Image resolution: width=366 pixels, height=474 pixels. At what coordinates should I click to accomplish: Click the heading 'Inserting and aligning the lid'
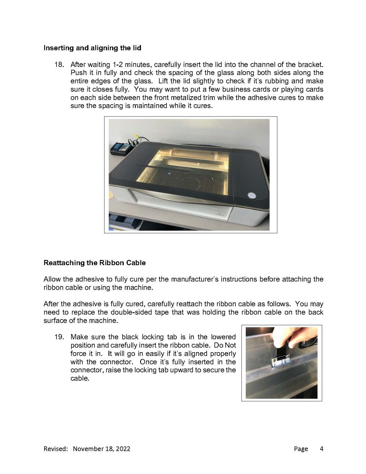pos(92,48)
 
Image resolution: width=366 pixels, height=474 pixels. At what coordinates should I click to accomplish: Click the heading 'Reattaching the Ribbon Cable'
pos(94,263)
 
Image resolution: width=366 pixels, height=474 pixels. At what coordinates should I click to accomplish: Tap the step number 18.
pos(59,65)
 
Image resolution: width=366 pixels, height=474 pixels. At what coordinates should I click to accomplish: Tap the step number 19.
pos(59,337)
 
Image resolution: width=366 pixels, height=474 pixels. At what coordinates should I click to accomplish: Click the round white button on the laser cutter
pos(252,196)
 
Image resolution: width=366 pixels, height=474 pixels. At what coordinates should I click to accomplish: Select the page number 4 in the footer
pos(321,449)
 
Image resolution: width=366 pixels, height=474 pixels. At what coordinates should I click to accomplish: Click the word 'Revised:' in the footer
pos(56,449)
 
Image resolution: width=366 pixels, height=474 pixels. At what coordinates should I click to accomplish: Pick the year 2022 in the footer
pos(123,449)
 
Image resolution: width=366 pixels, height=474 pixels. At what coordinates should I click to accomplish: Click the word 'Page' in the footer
pos(301,449)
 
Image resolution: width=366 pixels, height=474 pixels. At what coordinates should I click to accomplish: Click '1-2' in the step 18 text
pos(118,65)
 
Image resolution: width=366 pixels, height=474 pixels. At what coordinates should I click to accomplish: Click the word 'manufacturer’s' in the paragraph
pos(195,279)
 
